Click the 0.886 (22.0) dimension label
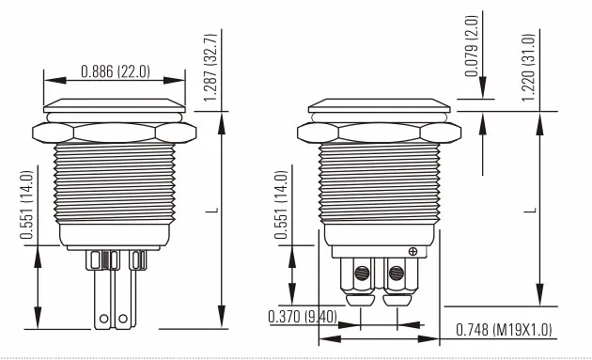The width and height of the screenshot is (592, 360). tap(116, 71)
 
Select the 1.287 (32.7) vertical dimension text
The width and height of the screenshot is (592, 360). tap(210, 68)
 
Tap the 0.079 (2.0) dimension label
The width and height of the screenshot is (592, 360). tap(472, 46)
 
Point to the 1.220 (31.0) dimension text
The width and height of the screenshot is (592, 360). tap(528, 68)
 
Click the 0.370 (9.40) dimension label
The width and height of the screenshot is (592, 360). tap(303, 317)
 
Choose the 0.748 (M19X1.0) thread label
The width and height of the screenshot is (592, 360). tap(504, 330)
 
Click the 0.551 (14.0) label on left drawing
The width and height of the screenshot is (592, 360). tap(27, 205)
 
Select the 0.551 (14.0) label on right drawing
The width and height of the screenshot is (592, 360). tap(281, 205)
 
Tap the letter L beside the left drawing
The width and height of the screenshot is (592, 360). tap(212, 210)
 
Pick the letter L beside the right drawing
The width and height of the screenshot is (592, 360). tap(531, 210)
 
